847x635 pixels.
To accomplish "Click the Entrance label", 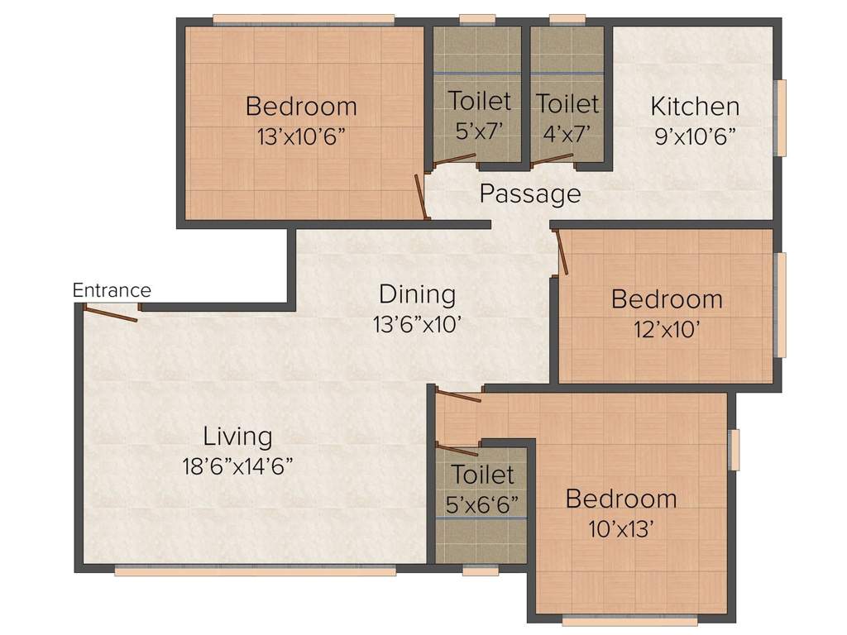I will coord(112,290).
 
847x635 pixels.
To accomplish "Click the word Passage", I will coord(530,194).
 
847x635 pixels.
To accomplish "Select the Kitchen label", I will coord(694,107).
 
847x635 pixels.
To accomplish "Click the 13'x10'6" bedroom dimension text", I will coord(301,135).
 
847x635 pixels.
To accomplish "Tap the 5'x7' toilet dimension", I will coord(479,130).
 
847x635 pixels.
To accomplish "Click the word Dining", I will coord(417,294).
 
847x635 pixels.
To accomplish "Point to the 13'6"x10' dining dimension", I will coord(416,324).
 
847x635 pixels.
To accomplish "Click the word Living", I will coord(237,436).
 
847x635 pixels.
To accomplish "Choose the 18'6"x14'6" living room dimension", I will coord(237,466).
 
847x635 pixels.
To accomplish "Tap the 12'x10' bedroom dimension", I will coord(667,329).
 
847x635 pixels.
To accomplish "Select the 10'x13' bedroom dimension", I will coord(621,529).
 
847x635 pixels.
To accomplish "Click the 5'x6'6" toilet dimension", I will coord(481,504).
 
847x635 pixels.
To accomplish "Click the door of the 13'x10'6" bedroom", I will coord(422,198).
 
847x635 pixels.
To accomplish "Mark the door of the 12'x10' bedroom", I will coord(562,252).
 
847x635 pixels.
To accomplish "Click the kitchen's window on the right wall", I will coord(779,117).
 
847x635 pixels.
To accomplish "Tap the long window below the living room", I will coord(255,571).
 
